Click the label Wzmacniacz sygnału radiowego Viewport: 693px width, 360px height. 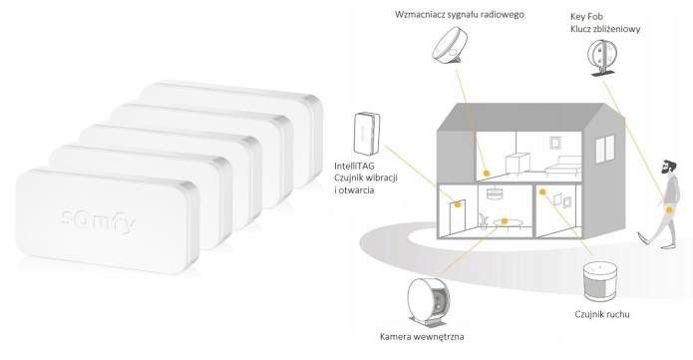[460, 15]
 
